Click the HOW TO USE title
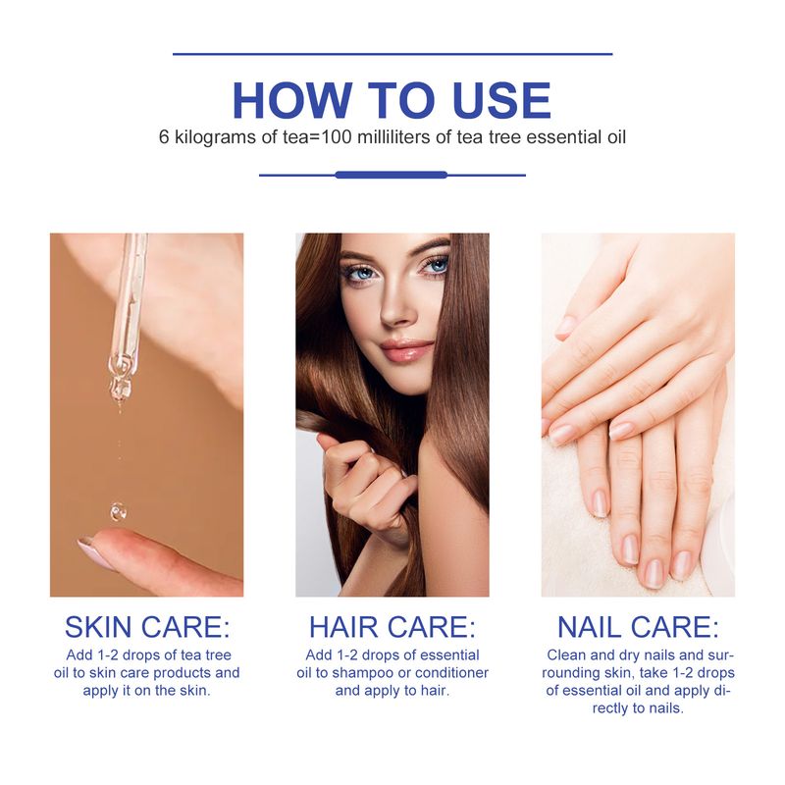[392, 100]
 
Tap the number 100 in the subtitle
[337, 136]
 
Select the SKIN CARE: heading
[147, 627]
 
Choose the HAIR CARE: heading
[392, 627]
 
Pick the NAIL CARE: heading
[638, 627]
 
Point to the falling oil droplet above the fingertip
[118, 511]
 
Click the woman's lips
[405, 350]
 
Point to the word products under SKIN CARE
[178, 673]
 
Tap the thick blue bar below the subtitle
[391, 175]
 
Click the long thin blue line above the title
[392, 54]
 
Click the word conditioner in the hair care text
[451, 673]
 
